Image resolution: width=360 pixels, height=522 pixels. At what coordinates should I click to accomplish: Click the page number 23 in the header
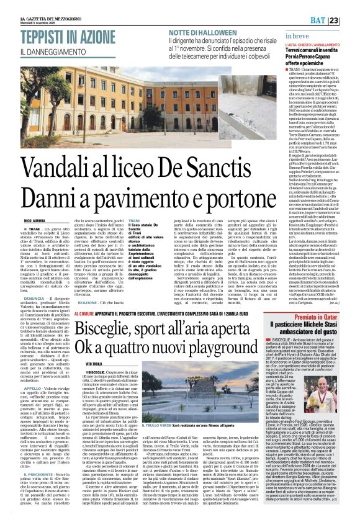(351, 6)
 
